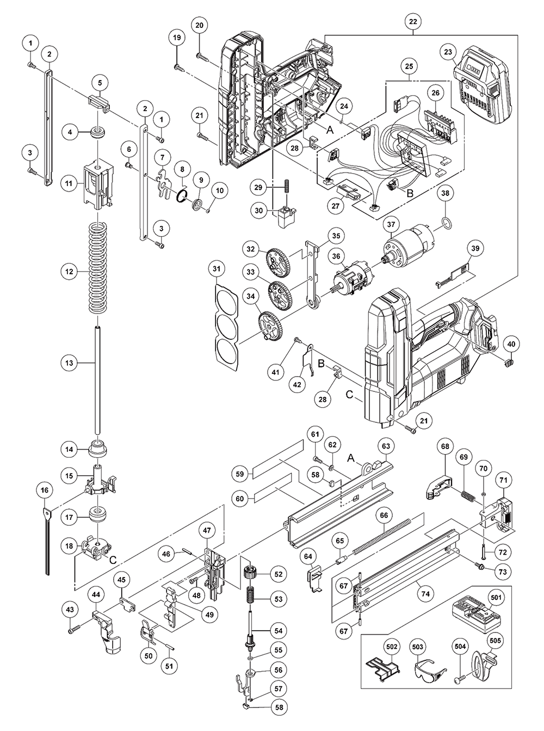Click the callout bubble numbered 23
tap(448, 53)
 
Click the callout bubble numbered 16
tap(45, 490)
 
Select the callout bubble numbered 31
tap(217, 269)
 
